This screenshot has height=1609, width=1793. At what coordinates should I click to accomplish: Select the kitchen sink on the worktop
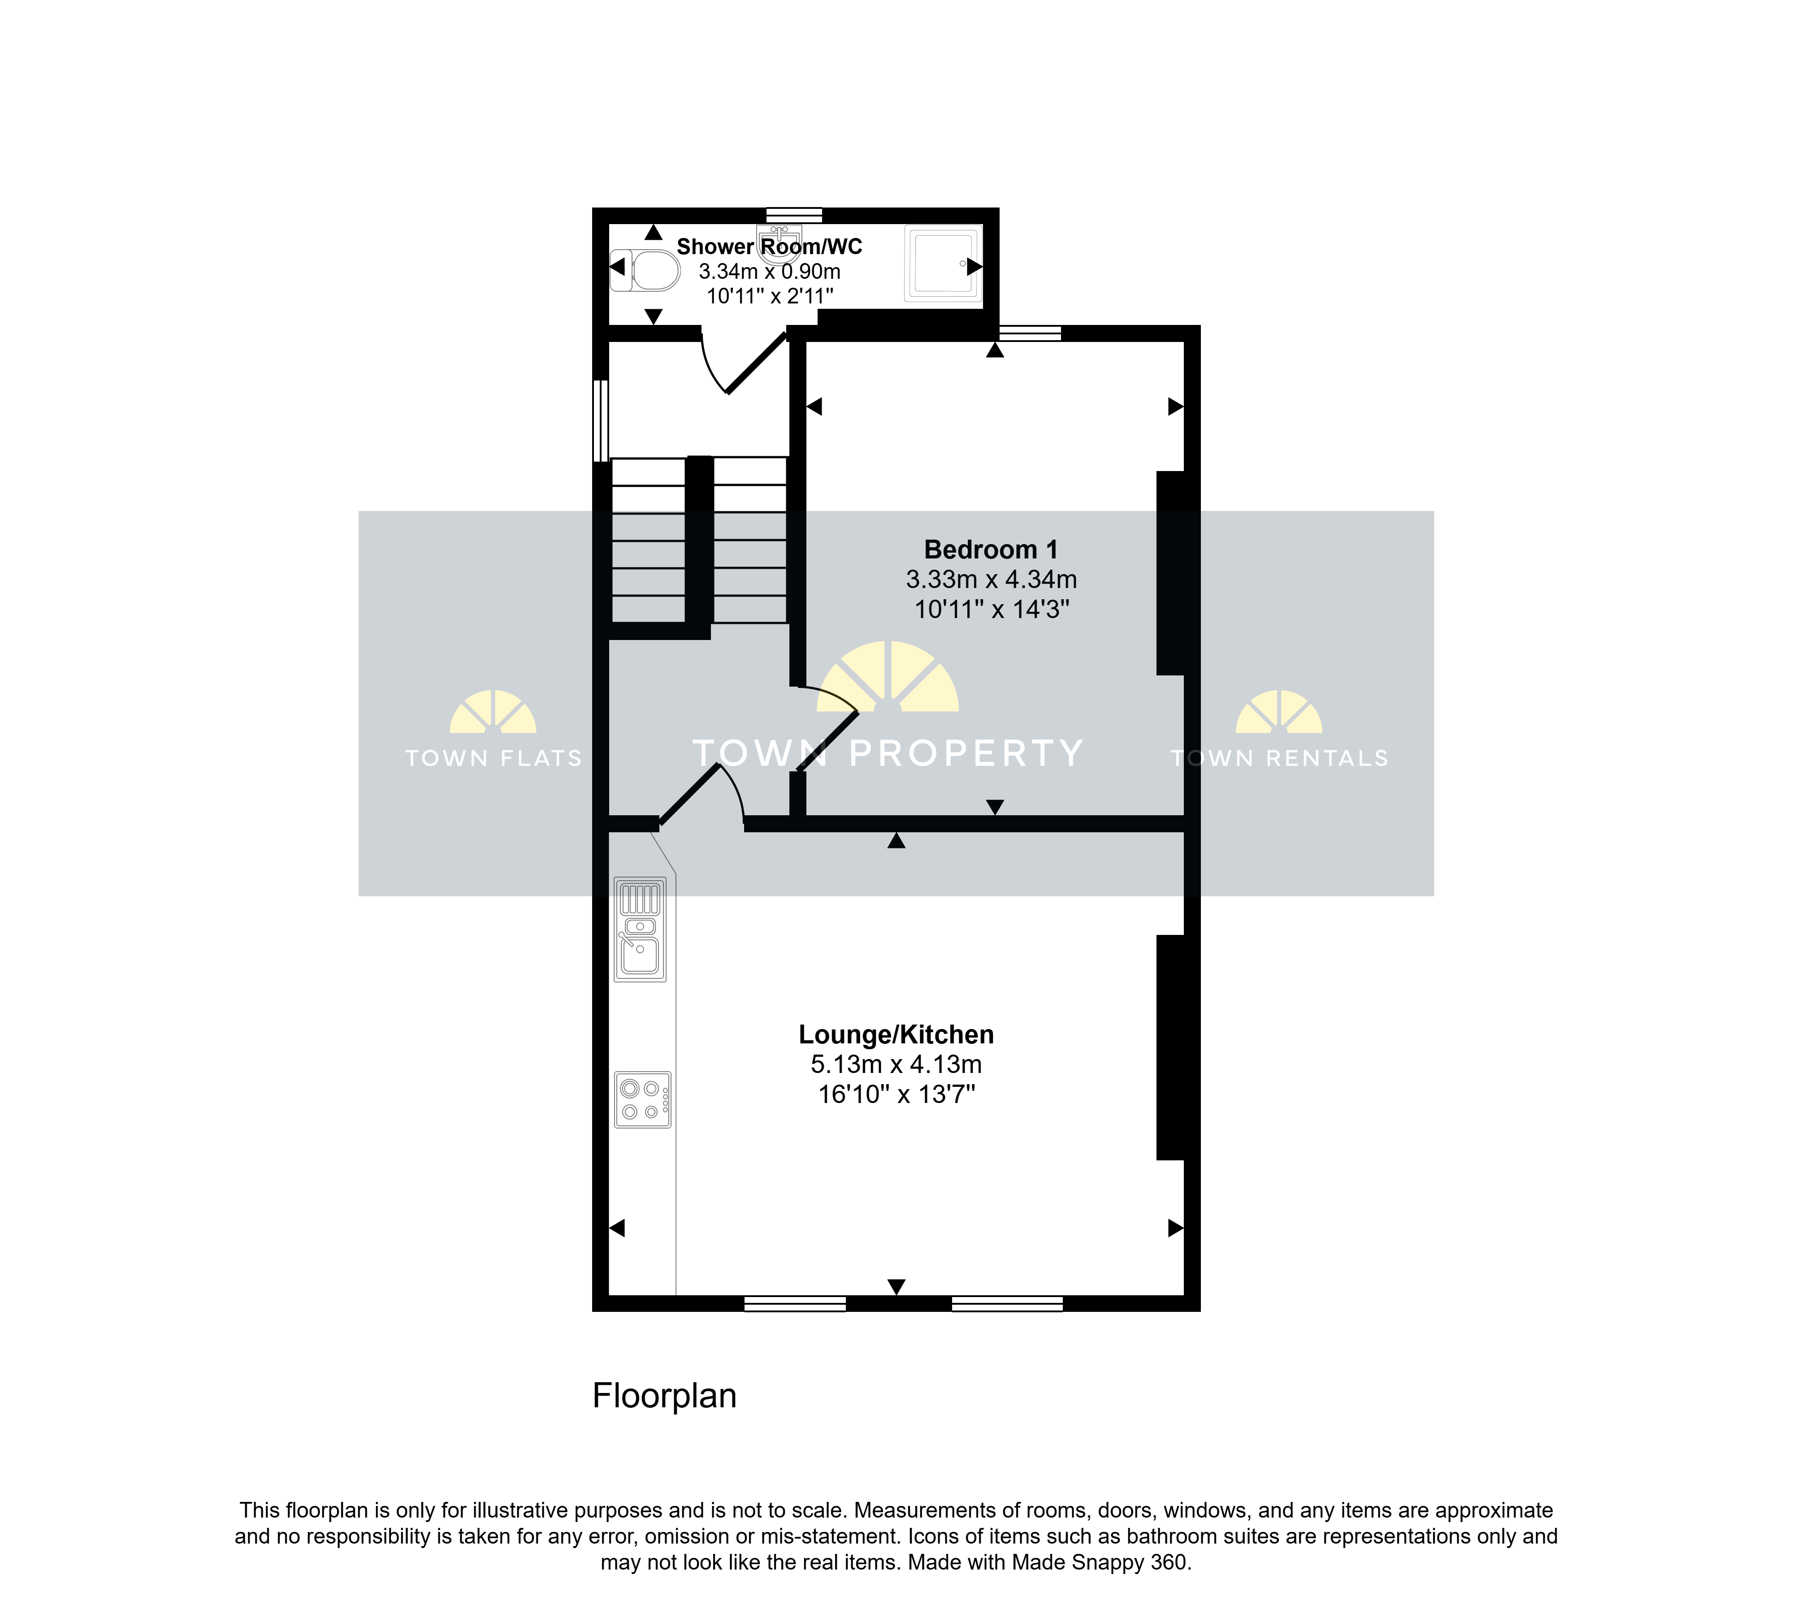click(640, 929)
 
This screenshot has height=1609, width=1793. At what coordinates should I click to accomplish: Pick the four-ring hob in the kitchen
click(643, 1100)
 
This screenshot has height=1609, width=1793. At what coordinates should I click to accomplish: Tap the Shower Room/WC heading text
click(769, 247)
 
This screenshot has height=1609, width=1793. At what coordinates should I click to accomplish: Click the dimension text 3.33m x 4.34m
click(991, 580)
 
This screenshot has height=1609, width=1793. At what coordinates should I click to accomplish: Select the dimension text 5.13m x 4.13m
click(896, 1064)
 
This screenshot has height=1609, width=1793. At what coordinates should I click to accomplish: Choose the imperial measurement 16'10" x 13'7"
click(896, 1094)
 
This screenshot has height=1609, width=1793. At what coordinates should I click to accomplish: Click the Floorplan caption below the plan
click(664, 1396)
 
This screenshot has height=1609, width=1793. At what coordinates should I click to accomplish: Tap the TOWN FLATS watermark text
click(494, 758)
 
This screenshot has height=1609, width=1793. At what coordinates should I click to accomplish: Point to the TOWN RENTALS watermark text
click(1279, 758)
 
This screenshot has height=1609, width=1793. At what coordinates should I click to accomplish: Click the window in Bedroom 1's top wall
click(1029, 333)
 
